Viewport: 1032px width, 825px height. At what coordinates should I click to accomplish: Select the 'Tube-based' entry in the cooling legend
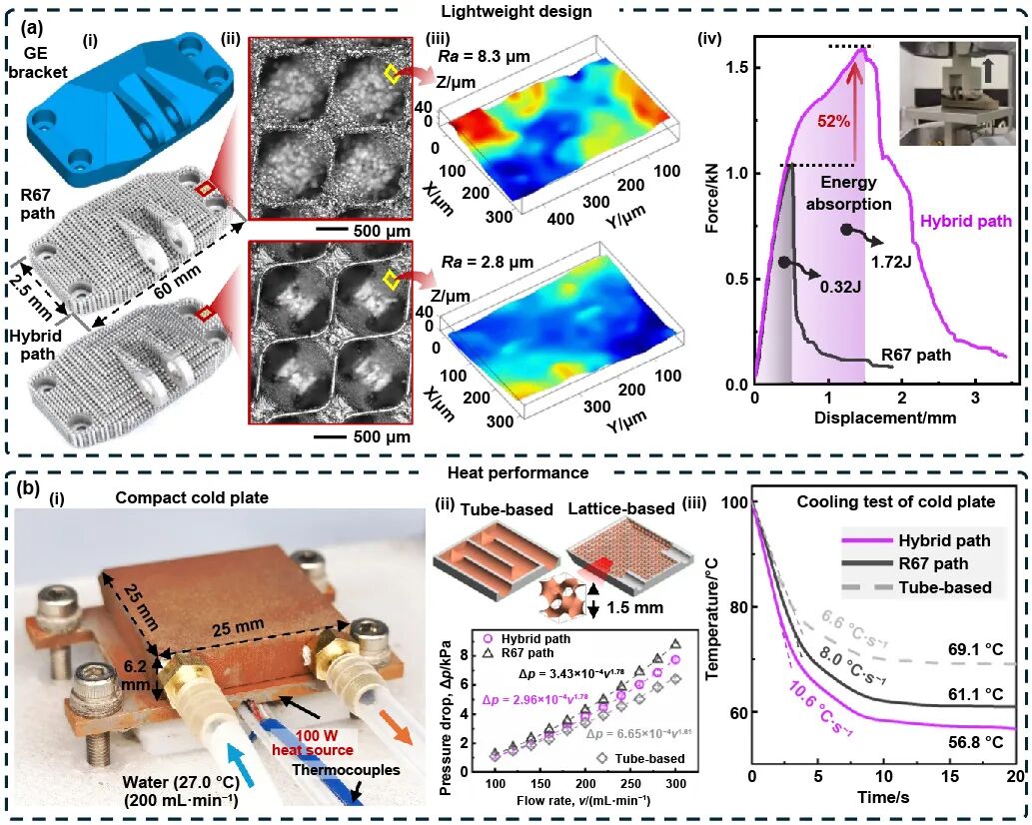[x=943, y=587]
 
